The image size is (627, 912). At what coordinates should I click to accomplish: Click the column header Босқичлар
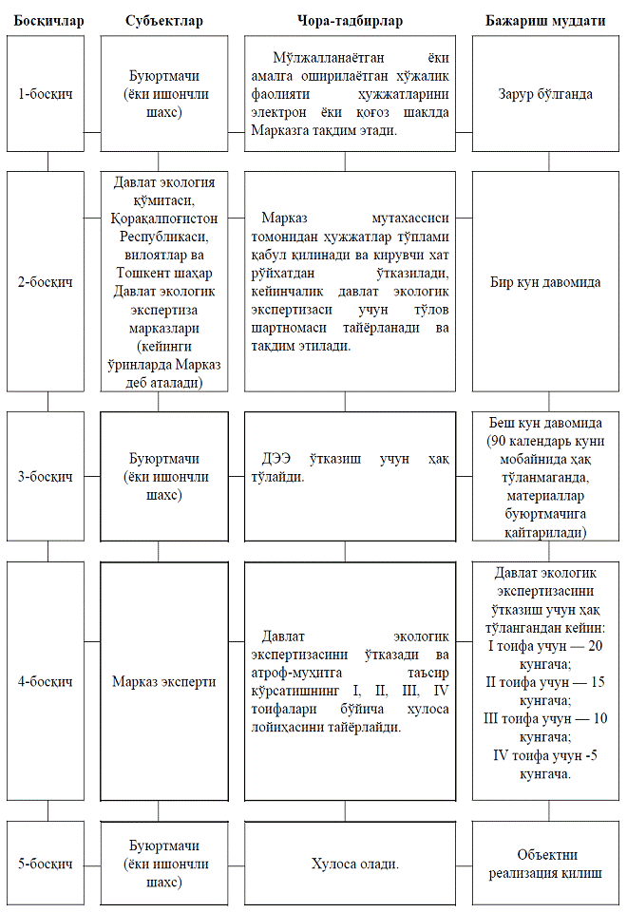tap(47, 20)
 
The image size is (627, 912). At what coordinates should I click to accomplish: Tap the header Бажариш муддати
tap(545, 20)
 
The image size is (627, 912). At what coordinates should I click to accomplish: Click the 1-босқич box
tap(47, 94)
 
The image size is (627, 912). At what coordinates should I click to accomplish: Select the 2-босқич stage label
tap(47, 282)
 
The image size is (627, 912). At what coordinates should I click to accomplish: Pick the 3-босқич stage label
tap(47, 476)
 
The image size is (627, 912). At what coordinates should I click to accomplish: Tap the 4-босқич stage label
tap(47, 681)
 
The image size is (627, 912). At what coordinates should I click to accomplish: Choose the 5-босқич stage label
tap(47, 864)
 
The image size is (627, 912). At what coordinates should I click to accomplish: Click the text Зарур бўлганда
tap(545, 94)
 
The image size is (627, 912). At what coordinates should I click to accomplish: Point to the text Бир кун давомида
tap(545, 282)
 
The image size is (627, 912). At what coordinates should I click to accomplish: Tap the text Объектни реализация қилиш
tap(545, 864)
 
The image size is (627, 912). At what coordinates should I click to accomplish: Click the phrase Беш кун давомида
tap(545, 422)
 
